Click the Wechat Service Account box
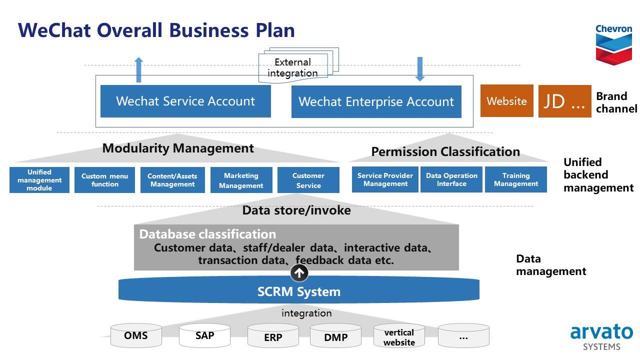click(x=185, y=101)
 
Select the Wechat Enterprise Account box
click(x=376, y=101)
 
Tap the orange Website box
click(x=507, y=101)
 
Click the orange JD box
click(x=565, y=101)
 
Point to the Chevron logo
click(x=613, y=44)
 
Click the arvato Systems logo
click(x=601, y=336)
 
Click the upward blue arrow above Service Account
click(x=138, y=69)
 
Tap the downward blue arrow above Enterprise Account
click(x=419, y=69)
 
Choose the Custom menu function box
click(x=104, y=180)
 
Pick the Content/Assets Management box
click(x=172, y=180)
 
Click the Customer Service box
click(x=308, y=180)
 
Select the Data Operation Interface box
click(x=451, y=179)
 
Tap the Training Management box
click(x=516, y=179)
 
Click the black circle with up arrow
click(x=299, y=273)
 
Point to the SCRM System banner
click(x=299, y=289)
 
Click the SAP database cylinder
click(x=204, y=335)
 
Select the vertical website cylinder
click(x=399, y=335)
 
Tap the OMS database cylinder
click(x=136, y=335)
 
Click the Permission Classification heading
click(x=445, y=151)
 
